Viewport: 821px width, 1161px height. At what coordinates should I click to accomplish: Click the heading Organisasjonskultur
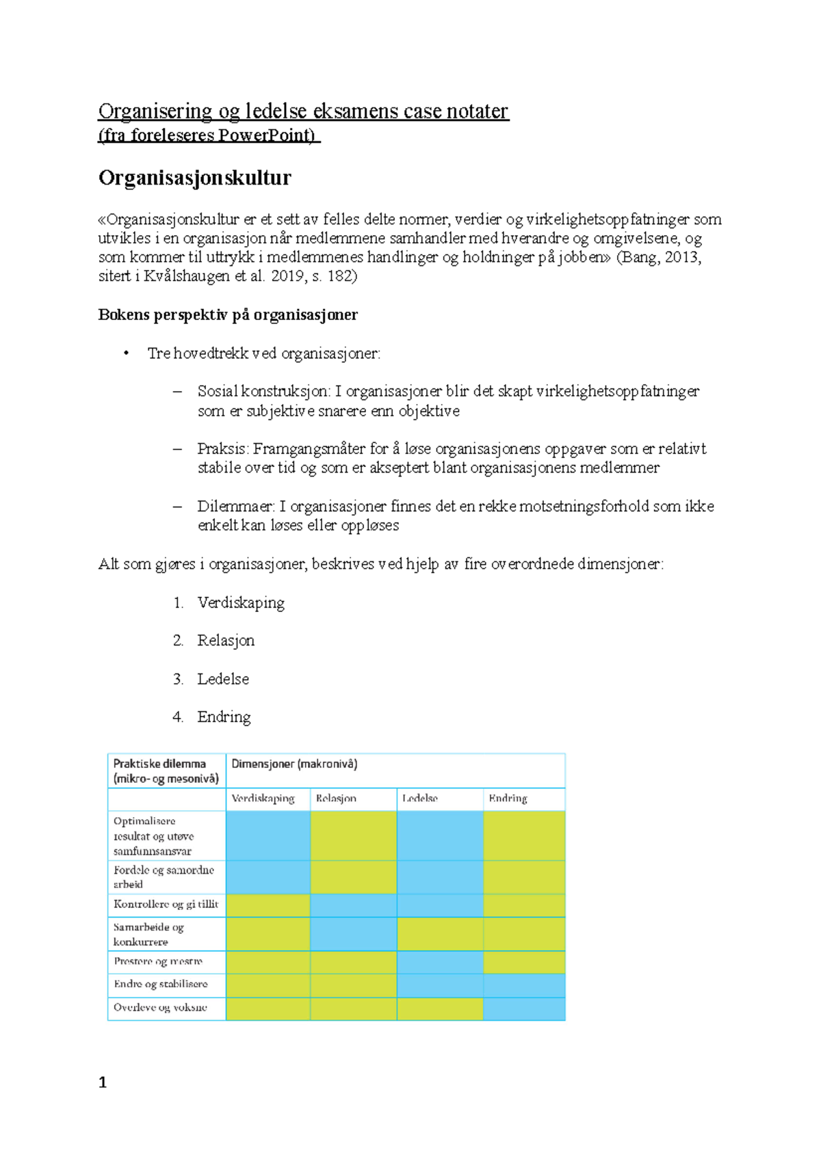point(194,178)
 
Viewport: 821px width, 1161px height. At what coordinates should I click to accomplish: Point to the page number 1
point(103,1082)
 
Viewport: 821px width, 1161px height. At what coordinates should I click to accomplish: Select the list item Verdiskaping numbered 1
point(241,603)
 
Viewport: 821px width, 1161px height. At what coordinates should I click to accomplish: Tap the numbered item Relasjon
point(226,641)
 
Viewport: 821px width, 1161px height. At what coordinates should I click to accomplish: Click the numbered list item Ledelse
point(223,679)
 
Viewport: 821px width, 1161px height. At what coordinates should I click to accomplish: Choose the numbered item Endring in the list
point(224,717)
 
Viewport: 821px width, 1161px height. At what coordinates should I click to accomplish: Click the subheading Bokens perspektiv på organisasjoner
point(228,315)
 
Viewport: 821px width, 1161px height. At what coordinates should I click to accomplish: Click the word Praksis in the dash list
point(222,449)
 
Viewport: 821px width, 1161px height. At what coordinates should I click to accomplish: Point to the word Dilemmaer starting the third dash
point(235,507)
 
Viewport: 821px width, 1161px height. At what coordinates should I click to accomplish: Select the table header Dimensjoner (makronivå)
point(294,764)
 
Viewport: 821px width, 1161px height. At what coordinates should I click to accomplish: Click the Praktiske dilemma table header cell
point(166,771)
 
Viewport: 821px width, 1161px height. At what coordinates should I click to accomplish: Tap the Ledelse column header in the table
point(419,799)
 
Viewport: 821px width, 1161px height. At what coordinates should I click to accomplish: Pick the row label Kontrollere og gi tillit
point(166,904)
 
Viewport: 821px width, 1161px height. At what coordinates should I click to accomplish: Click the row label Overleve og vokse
point(160,1008)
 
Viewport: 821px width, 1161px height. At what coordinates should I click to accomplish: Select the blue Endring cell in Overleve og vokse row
point(524,1009)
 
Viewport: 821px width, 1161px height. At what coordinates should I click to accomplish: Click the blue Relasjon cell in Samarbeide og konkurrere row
point(353,934)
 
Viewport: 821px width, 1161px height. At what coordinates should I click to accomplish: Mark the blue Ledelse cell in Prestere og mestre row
point(439,962)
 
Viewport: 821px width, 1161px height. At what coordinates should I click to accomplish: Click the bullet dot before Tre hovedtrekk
point(126,353)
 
